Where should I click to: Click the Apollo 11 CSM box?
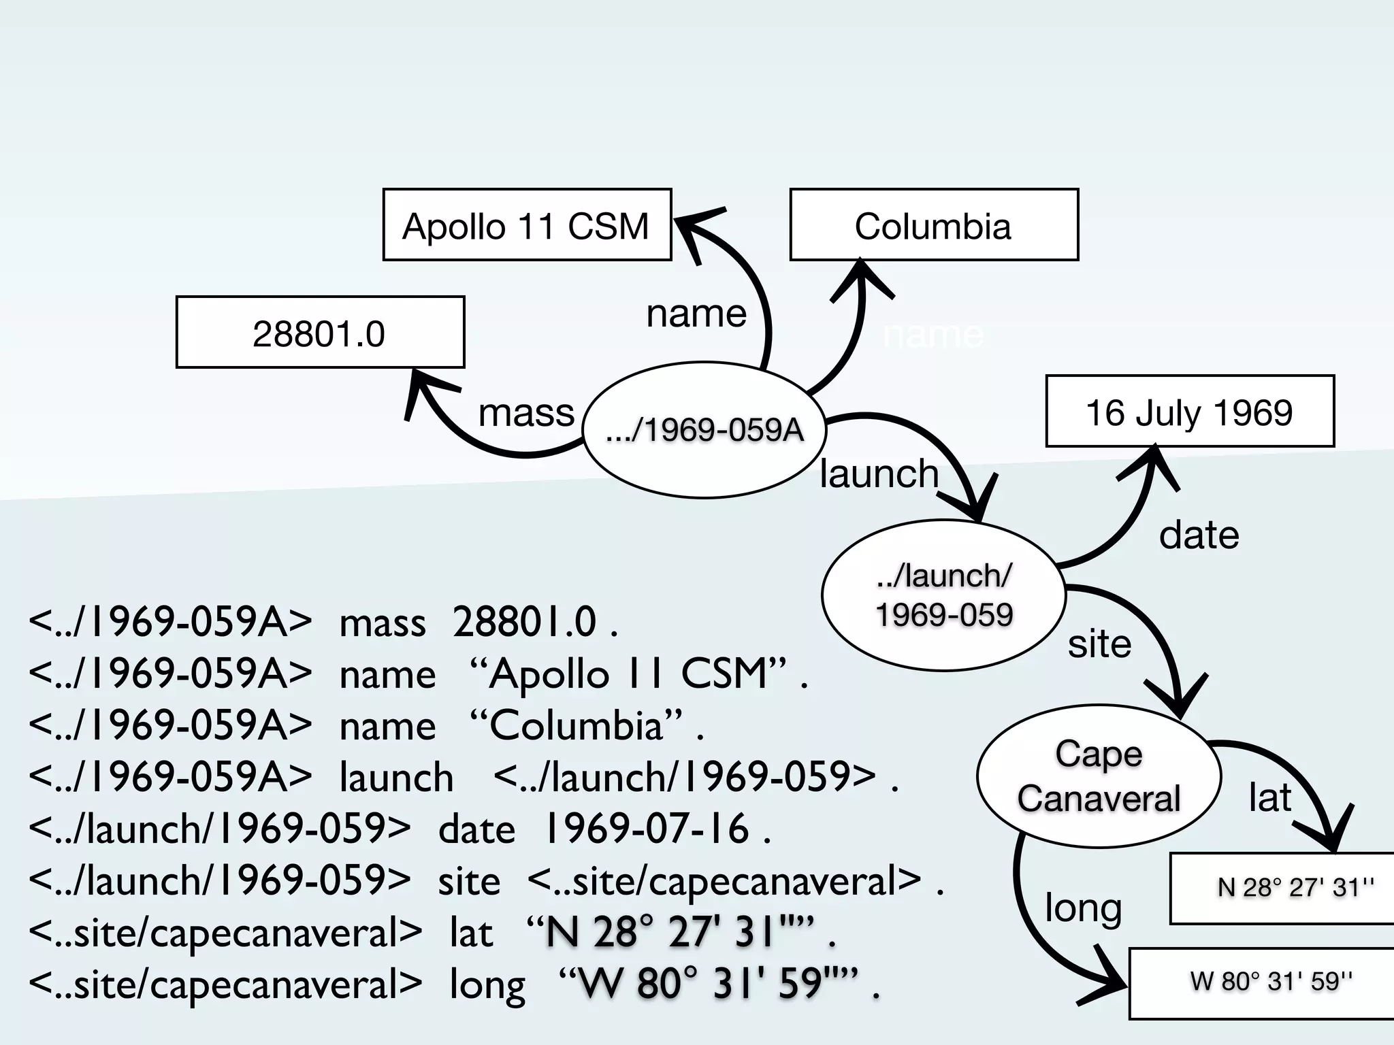click(x=527, y=225)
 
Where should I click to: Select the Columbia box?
click(x=933, y=225)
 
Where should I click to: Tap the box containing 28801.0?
click(x=320, y=333)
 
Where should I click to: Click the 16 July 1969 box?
click(x=1189, y=412)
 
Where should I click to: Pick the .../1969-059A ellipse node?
click(x=704, y=430)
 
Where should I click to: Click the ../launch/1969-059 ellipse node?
click(x=943, y=595)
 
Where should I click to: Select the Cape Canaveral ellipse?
click(x=1098, y=776)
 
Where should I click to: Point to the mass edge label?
click(x=526, y=413)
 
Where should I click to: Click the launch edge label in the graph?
click(x=879, y=474)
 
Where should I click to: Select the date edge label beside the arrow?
click(x=1199, y=535)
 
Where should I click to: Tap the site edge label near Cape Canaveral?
click(x=1099, y=644)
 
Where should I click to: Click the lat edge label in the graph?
click(x=1269, y=797)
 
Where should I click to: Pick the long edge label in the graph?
click(x=1083, y=908)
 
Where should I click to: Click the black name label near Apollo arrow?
click(x=696, y=314)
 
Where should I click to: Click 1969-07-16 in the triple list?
click(x=647, y=829)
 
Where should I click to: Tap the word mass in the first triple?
click(x=383, y=622)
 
